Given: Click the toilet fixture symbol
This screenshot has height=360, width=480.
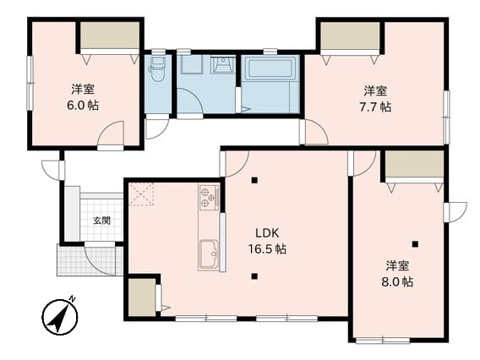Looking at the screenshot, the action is (x=157, y=69).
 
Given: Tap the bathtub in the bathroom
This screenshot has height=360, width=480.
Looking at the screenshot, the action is (x=270, y=69).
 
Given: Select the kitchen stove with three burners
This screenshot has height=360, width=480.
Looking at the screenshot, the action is (x=209, y=198).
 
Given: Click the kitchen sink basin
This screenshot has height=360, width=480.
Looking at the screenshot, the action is (x=209, y=254).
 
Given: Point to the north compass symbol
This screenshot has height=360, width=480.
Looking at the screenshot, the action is (x=60, y=316).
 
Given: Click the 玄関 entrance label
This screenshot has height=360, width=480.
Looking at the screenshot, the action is (x=102, y=221).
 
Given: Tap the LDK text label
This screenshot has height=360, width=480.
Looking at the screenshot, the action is (x=267, y=233).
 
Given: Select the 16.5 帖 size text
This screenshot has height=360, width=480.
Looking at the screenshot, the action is (x=267, y=249).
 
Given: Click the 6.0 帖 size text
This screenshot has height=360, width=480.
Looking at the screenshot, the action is (x=83, y=106).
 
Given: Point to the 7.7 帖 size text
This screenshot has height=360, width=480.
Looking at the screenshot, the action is (x=375, y=106).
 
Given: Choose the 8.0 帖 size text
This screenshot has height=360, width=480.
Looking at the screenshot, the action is (x=397, y=281).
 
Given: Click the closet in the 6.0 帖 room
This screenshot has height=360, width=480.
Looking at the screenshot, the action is (x=110, y=35).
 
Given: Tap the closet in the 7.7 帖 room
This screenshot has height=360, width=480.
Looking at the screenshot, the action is (x=350, y=35).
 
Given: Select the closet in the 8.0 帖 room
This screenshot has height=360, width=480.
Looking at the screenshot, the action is (x=414, y=164).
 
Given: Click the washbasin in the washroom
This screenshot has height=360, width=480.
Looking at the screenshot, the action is (x=222, y=64).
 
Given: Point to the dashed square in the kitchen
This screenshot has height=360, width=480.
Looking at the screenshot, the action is (x=141, y=194).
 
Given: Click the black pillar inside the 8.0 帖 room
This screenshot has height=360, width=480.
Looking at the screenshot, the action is (x=415, y=244).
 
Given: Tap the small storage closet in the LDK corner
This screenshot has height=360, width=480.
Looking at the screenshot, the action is (x=142, y=297).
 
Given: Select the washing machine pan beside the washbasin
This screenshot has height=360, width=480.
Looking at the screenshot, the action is (x=192, y=64).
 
